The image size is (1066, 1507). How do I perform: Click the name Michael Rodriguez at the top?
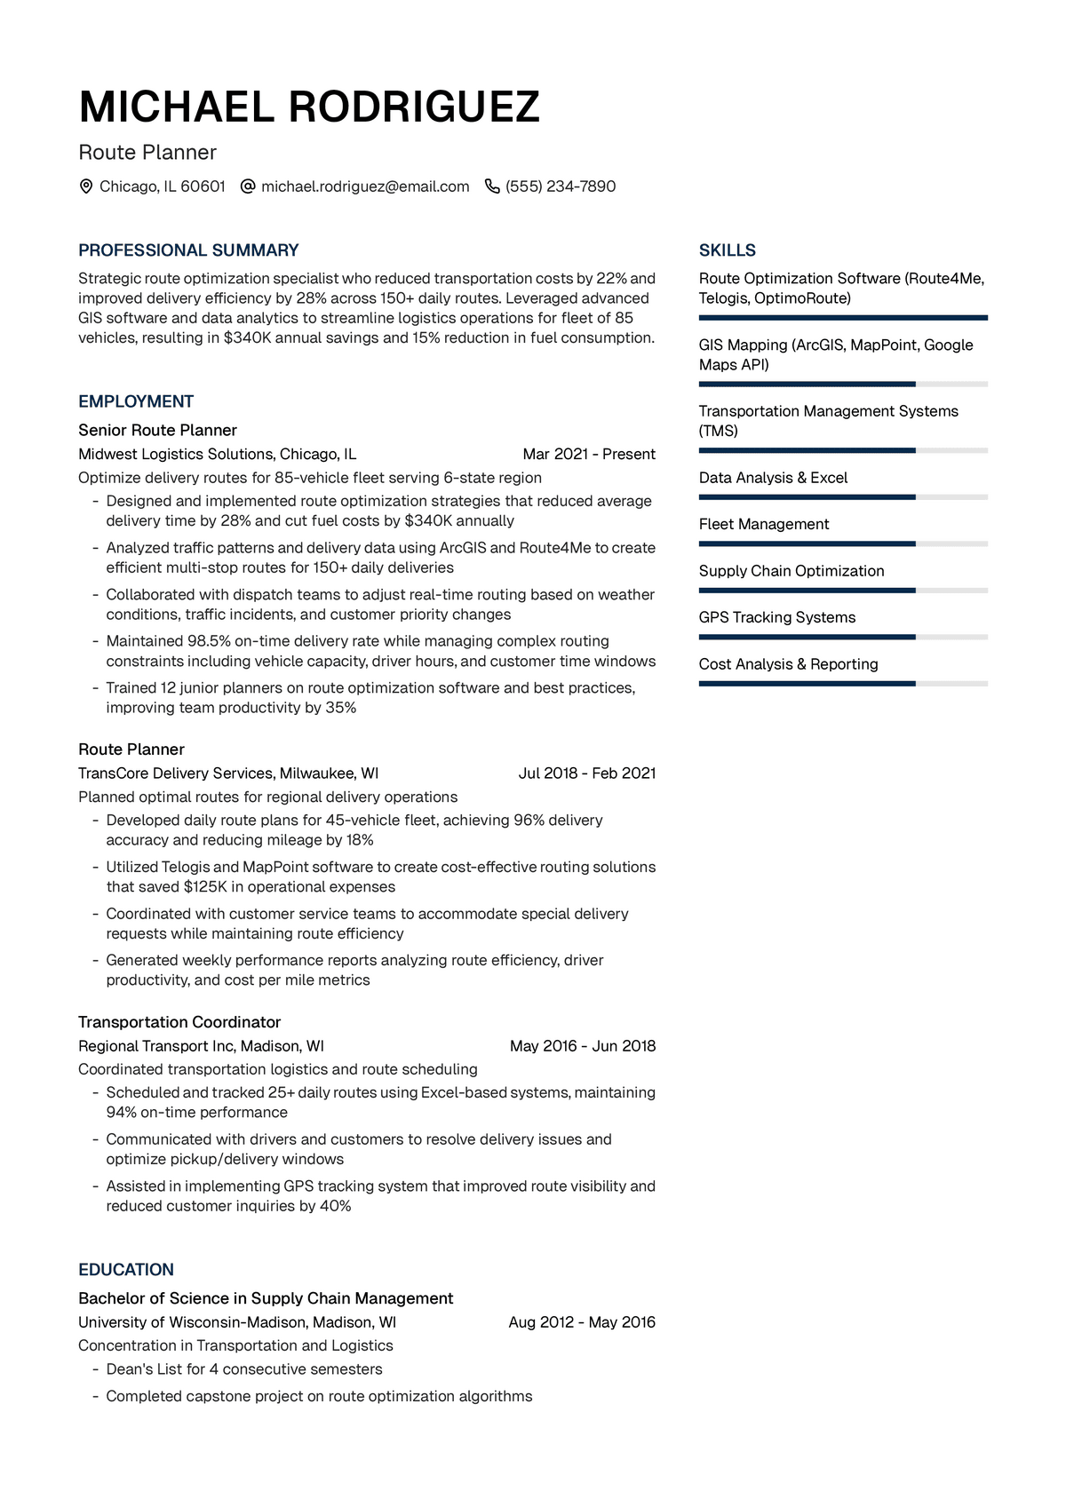click(x=309, y=107)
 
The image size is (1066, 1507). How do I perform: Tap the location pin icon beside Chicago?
click(x=86, y=186)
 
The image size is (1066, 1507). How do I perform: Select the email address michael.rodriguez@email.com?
click(x=365, y=186)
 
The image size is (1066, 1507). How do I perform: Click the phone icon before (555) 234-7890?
click(x=492, y=186)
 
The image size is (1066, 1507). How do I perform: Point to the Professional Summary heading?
click(x=188, y=250)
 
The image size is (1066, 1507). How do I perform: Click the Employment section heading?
click(x=136, y=401)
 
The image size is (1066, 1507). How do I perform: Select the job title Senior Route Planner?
click(x=157, y=430)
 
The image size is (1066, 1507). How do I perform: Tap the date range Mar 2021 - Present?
click(x=589, y=454)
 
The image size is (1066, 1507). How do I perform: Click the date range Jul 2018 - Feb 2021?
click(x=587, y=773)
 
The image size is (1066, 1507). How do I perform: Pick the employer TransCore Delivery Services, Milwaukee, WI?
click(x=228, y=773)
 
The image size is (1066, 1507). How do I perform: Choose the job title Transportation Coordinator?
click(x=179, y=1022)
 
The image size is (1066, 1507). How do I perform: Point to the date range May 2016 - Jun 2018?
click(x=583, y=1046)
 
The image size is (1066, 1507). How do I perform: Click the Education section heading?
click(x=126, y=1270)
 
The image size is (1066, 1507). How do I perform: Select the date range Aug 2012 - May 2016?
click(x=582, y=1322)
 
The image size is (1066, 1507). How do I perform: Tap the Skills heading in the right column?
click(x=728, y=250)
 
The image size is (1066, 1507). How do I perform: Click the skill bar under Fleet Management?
click(x=843, y=543)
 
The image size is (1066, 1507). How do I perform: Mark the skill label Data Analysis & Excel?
click(x=773, y=478)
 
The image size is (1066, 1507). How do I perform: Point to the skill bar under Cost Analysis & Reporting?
click(x=843, y=684)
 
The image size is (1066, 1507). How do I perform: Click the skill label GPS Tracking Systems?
click(x=777, y=617)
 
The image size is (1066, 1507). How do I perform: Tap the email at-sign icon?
click(x=249, y=186)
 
